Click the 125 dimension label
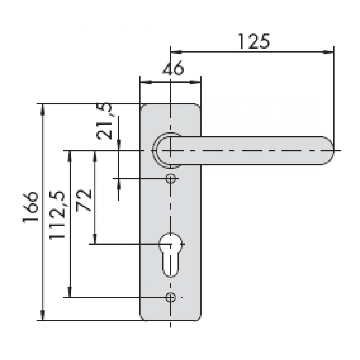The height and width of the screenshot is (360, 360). pyautogui.click(x=254, y=41)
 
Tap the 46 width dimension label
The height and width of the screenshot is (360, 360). pyautogui.click(x=173, y=68)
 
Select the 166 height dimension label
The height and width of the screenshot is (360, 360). pyautogui.click(x=31, y=207)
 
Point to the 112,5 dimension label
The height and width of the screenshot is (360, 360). pyautogui.click(x=58, y=215)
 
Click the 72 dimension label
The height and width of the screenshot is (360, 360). pyautogui.click(x=84, y=200)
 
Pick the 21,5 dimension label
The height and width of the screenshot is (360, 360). pyautogui.click(x=104, y=121)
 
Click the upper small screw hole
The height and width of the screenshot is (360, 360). pyautogui.click(x=171, y=178)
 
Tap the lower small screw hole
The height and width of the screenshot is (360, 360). pyautogui.click(x=171, y=297)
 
